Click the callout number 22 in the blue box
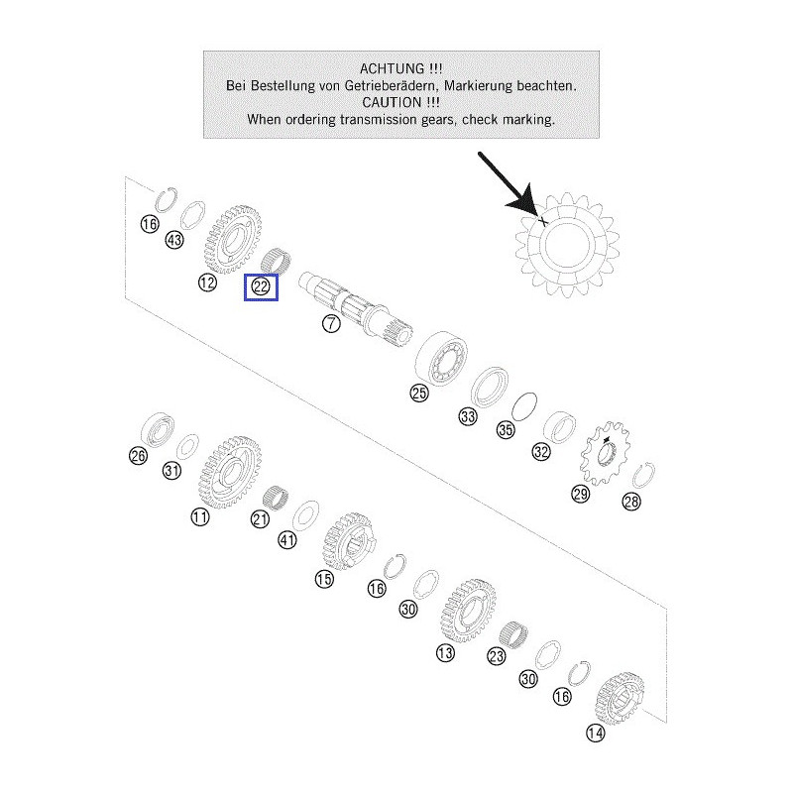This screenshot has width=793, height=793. pos(261,286)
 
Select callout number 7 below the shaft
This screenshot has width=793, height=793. pos(331,323)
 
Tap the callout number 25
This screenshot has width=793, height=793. pos(419,393)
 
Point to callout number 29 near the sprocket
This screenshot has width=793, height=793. pos(581,494)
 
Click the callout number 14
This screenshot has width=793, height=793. pos(596,733)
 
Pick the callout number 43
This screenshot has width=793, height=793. pos(174,240)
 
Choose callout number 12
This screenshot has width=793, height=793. pos(207,283)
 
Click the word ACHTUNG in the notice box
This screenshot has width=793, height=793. pos(392,68)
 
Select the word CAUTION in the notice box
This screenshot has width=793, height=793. pos(392,102)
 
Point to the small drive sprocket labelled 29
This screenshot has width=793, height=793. pos(606,454)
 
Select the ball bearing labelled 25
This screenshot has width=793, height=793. pos(440,359)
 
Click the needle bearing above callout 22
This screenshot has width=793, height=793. pos(277,259)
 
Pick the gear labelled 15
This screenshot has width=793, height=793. pos(349,541)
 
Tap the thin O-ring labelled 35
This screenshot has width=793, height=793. pos(524,406)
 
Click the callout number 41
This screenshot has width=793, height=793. pos(287,540)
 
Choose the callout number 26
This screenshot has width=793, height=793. pos(138,456)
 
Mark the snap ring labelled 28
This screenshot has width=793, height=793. pos(643,476)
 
